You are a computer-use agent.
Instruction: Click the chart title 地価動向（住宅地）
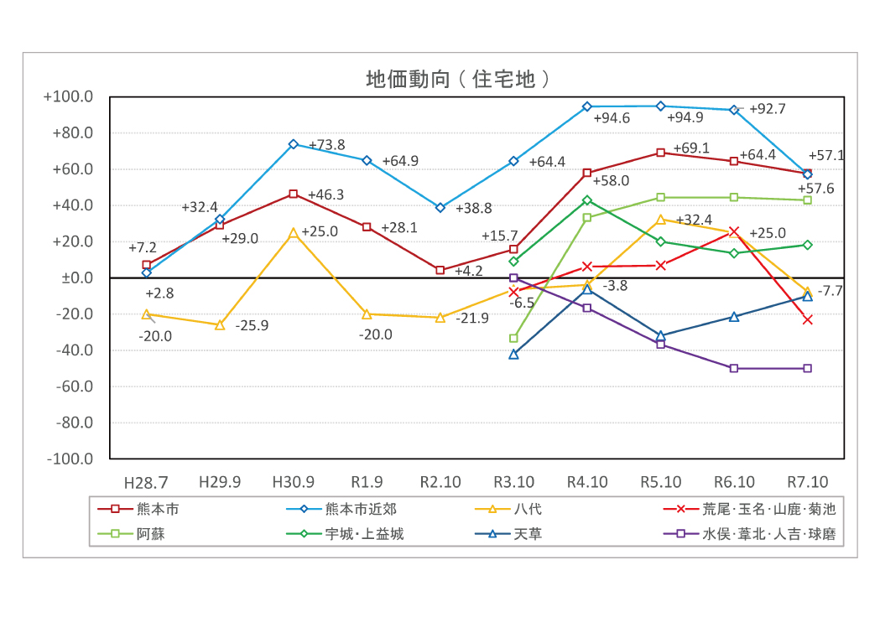click(x=458, y=80)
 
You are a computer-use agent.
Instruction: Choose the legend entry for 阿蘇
click(x=150, y=534)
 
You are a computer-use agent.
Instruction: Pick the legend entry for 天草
click(x=528, y=534)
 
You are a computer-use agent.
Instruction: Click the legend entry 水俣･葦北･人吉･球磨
click(x=768, y=534)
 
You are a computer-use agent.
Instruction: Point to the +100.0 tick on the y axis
click(x=68, y=97)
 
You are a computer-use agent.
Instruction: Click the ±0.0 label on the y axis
click(x=77, y=278)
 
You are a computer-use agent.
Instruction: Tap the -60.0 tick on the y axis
click(x=73, y=386)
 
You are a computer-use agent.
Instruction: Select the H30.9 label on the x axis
click(x=294, y=483)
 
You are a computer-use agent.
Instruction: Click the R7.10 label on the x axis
click(x=808, y=483)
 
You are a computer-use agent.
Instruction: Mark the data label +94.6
click(x=612, y=118)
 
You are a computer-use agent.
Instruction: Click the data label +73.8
click(x=327, y=145)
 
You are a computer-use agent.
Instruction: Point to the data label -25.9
click(x=252, y=326)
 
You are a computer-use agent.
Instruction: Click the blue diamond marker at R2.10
click(x=440, y=207)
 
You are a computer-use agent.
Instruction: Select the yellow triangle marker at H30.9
click(x=294, y=232)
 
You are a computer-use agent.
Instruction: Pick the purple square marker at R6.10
click(x=734, y=368)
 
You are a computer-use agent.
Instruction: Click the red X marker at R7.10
click(x=808, y=319)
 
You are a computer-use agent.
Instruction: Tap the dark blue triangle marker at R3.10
click(x=513, y=355)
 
